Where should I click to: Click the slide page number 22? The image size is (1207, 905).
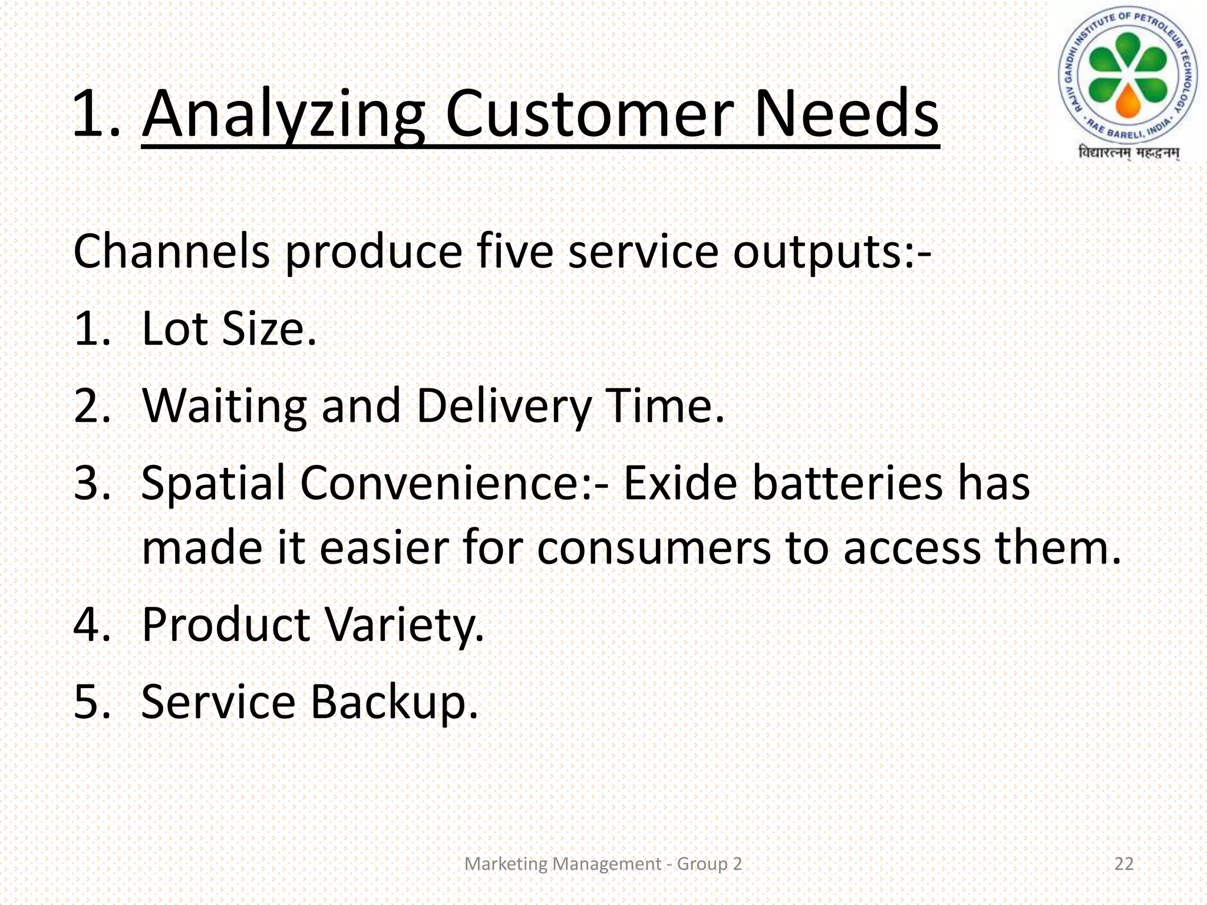click(1124, 864)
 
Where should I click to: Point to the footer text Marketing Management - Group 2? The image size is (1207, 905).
click(603, 864)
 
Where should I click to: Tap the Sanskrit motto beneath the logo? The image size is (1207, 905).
click(1128, 153)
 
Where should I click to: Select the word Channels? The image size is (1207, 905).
click(171, 252)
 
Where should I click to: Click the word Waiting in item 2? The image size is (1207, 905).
click(224, 407)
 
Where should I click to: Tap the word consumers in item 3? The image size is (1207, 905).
click(653, 548)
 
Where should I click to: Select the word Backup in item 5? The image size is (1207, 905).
click(394, 702)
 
